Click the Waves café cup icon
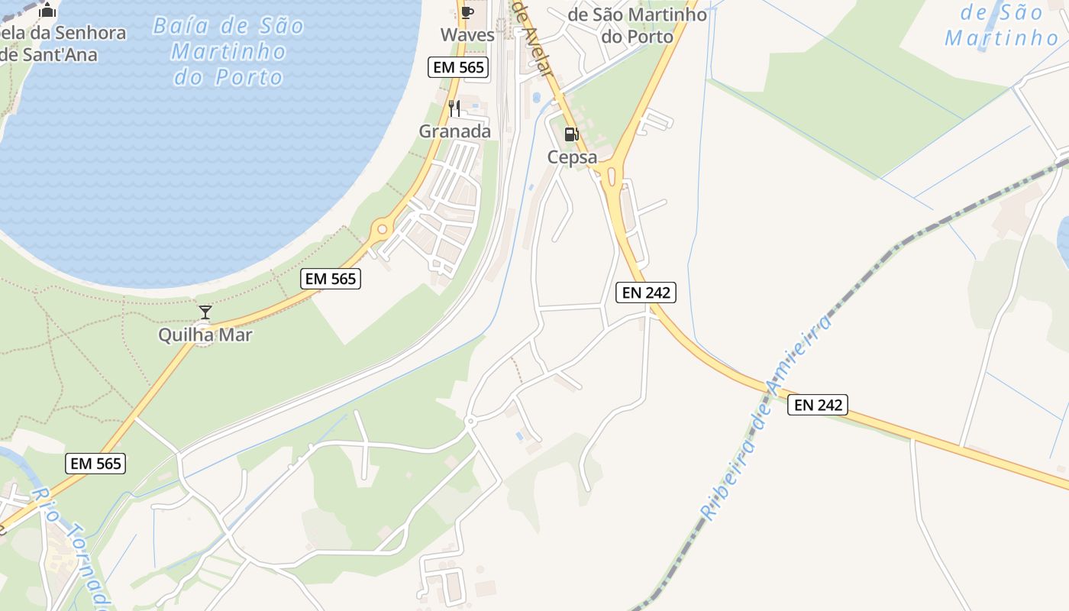point(467,12)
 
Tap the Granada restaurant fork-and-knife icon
point(454,108)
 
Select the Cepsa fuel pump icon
point(571,135)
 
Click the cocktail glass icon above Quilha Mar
point(205,312)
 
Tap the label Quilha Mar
point(205,335)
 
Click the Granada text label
point(455,131)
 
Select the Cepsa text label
point(572,157)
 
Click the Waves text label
point(467,35)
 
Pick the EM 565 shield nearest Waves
point(458,67)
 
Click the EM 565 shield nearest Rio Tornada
point(95,463)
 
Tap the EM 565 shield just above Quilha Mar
point(331,279)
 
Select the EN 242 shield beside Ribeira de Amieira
point(818,405)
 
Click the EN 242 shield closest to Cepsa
point(646,292)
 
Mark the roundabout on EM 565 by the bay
point(382,228)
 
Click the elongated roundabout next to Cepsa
point(610,176)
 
